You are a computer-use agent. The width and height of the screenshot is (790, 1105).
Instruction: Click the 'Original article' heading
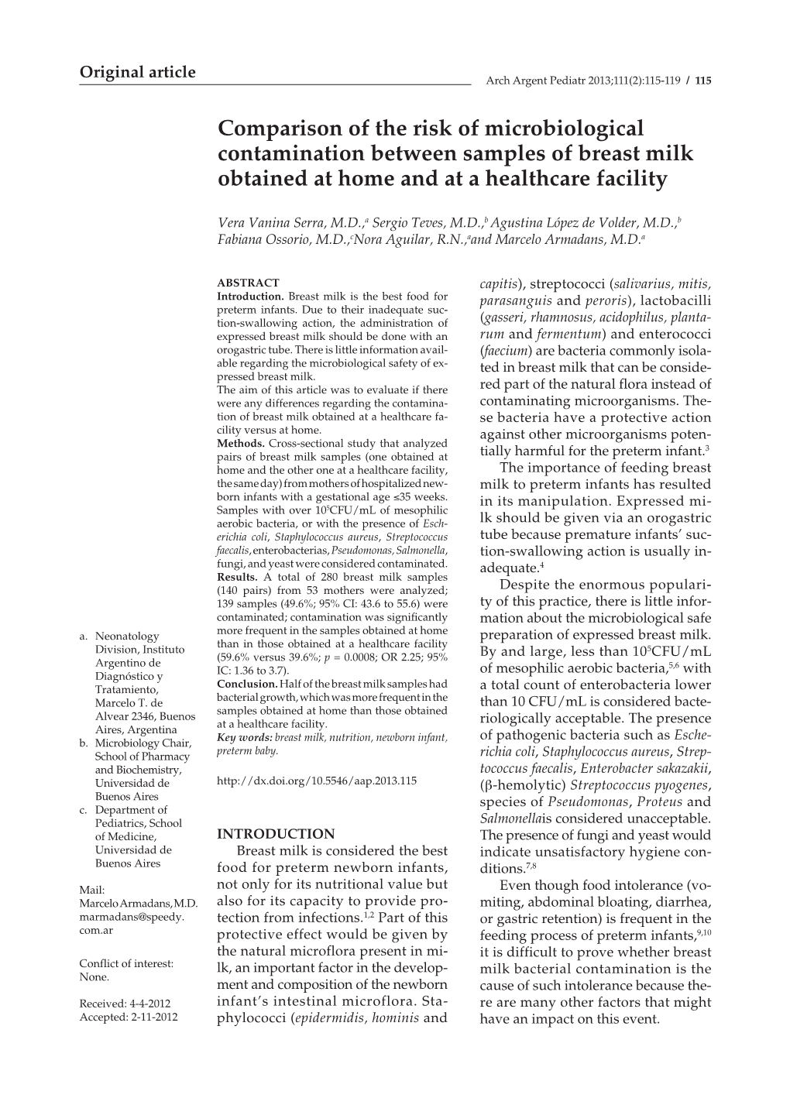coord(138,72)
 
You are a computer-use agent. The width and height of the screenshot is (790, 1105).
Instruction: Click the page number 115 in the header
coord(704,80)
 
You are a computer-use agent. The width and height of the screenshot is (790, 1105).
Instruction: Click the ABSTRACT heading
coord(248,283)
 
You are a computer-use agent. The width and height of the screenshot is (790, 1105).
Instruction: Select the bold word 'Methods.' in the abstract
coord(241,444)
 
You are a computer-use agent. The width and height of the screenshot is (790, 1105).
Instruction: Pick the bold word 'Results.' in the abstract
coord(238,577)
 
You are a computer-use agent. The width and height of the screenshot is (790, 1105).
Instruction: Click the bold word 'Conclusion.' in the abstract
coord(247,684)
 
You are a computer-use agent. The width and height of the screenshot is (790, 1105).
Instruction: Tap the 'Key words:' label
coord(244,737)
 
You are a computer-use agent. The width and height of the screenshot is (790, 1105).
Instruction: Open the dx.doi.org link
coord(317,781)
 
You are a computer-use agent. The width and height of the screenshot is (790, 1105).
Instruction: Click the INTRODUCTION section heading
coord(276,834)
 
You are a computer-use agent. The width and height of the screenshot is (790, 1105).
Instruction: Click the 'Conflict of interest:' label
coord(126,964)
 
